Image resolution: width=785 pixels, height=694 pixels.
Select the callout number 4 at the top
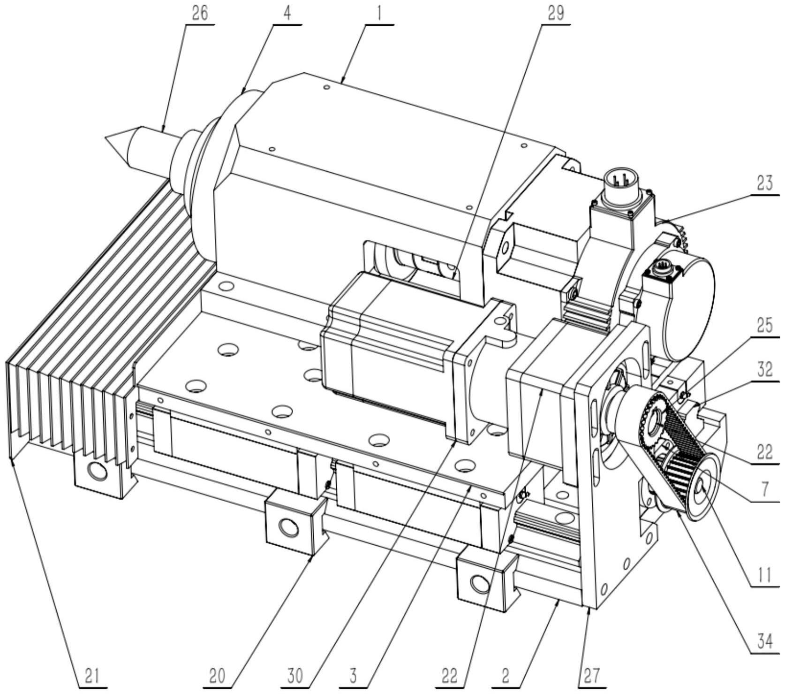(x=287, y=13)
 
